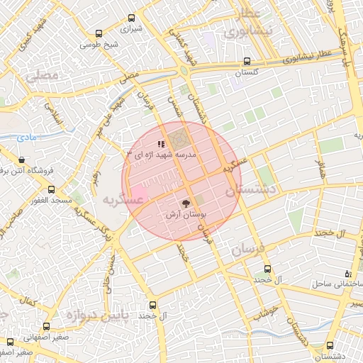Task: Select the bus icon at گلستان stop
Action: click(246, 61)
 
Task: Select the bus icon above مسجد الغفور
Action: click(51, 190)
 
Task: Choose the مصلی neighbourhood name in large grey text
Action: click(41, 74)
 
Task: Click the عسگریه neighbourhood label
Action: click(123, 199)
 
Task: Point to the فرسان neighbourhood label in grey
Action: click(247, 250)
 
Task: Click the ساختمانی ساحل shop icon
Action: click(347, 274)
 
